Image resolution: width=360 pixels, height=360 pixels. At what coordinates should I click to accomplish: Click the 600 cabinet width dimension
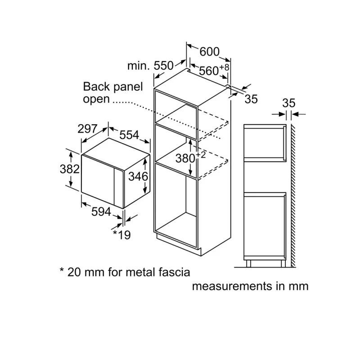[x=209, y=52]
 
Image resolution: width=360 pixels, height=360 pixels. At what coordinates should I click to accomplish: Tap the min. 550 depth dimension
[x=150, y=66]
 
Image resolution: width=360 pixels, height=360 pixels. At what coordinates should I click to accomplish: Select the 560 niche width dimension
[x=209, y=71]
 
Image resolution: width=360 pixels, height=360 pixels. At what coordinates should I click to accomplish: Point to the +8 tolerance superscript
[x=224, y=67]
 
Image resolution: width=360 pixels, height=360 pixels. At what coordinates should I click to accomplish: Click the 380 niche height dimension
[x=185, y=158]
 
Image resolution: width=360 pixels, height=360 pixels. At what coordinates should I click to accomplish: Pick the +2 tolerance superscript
[x=201, y=155]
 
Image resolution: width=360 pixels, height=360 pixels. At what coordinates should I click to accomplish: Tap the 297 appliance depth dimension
[x=87, y=129]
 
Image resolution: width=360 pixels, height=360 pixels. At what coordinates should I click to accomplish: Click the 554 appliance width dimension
[x=129, y=135]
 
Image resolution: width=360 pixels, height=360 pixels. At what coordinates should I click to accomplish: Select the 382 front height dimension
[x=70, y=169]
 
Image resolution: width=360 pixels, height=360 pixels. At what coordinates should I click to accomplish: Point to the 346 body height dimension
[x=138, y=176]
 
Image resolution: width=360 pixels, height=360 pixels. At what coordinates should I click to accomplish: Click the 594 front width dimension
[x=101, y=211]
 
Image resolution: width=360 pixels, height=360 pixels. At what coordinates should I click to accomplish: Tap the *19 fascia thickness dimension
[x=121, y=234]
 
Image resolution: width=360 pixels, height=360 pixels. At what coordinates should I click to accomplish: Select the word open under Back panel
[x=96, y=99]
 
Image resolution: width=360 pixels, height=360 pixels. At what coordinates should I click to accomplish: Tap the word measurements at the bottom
[x=231, y=286]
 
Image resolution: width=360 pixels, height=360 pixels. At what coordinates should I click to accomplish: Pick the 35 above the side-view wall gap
[x=288, y=103]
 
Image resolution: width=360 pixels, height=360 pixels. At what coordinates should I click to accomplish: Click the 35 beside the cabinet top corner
[x=251, y=99]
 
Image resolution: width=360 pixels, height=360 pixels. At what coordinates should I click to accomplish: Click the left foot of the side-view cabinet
[x=248, y=264]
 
